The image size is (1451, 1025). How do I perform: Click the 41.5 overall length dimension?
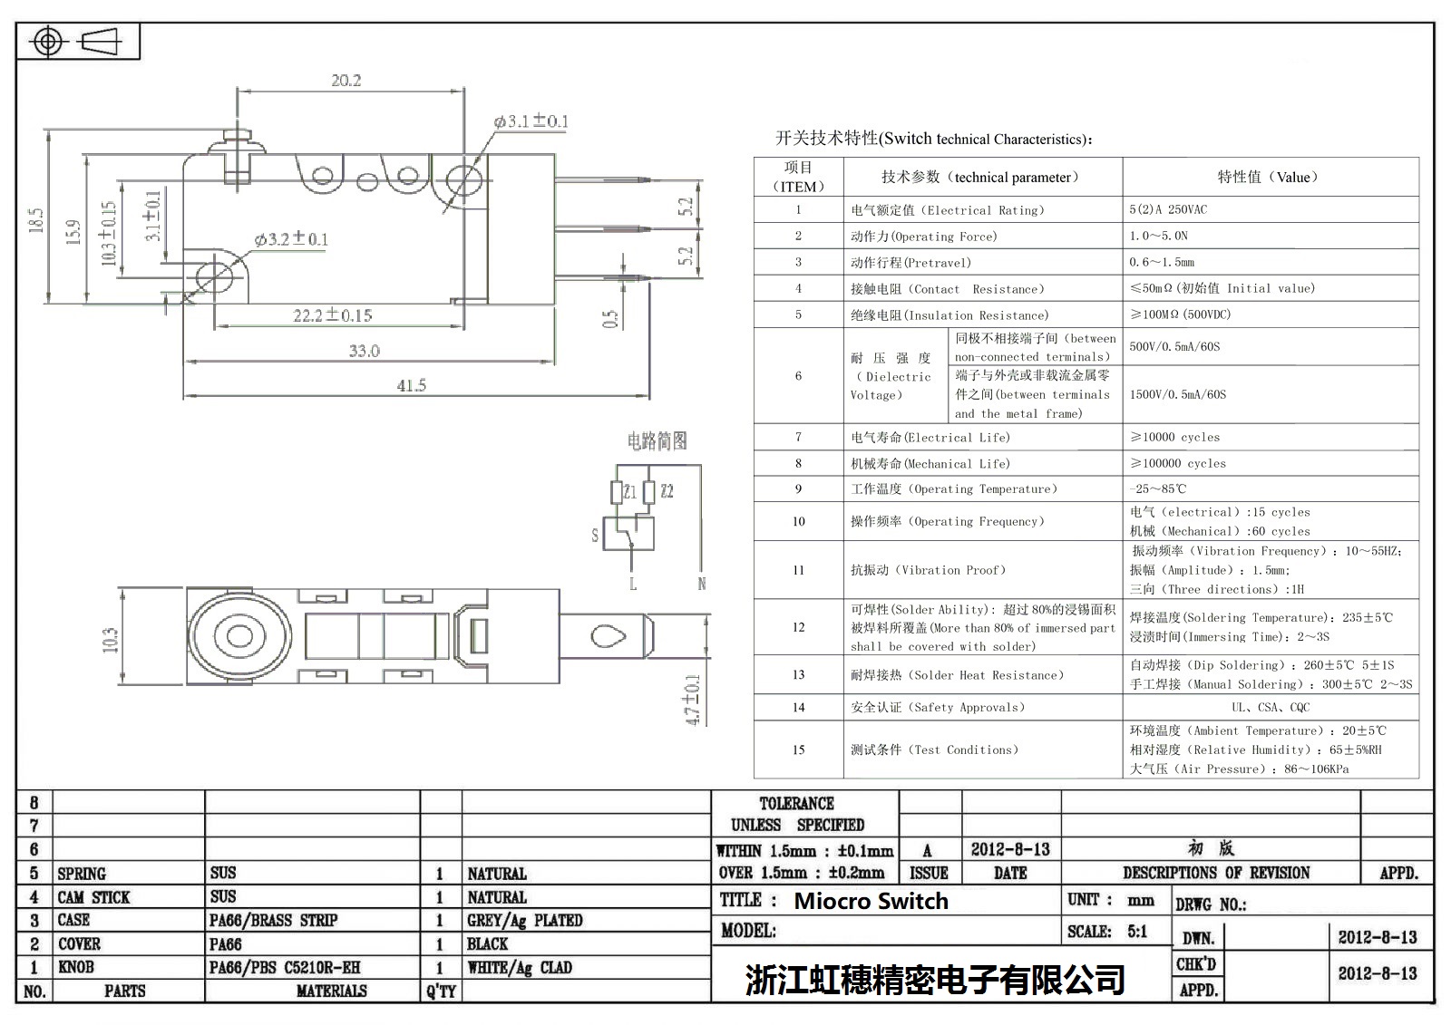(411, 385)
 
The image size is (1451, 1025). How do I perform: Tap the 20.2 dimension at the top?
(346, 81)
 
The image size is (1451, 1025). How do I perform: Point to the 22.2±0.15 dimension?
(332, 315)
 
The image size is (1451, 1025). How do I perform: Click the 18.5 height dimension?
(36, 220)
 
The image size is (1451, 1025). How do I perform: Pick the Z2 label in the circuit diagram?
(667, 491)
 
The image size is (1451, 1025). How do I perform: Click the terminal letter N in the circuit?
(701, 584)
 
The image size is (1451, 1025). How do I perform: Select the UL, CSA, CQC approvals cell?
(1270, 707)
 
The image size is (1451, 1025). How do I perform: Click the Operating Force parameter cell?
(923, 237)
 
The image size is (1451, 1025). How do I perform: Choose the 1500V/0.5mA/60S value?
(1177, 394)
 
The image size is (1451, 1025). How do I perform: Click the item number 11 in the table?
(798, 570)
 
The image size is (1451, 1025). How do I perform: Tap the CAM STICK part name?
(93, 897)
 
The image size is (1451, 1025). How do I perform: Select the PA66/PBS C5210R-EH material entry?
(284, 967)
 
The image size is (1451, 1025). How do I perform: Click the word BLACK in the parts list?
(487, 943)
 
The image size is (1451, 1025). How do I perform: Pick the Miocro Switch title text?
(871, 901)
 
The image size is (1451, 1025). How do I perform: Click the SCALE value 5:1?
(1136, 931)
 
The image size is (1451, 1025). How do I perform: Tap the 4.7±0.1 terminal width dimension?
(694, 699)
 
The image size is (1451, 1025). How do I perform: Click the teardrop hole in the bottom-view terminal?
(609, 635)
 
